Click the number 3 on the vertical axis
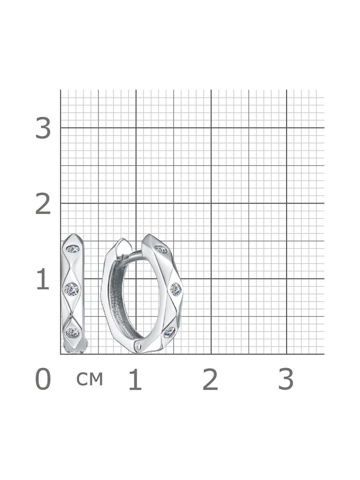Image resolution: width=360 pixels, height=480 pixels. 43,128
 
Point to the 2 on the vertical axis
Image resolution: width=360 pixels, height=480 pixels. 43,204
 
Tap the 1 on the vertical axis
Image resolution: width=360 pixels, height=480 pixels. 43,279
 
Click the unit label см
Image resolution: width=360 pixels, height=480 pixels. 90,379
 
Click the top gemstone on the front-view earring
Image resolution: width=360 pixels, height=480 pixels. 73,249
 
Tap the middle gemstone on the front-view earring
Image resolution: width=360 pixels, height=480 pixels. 72,289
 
